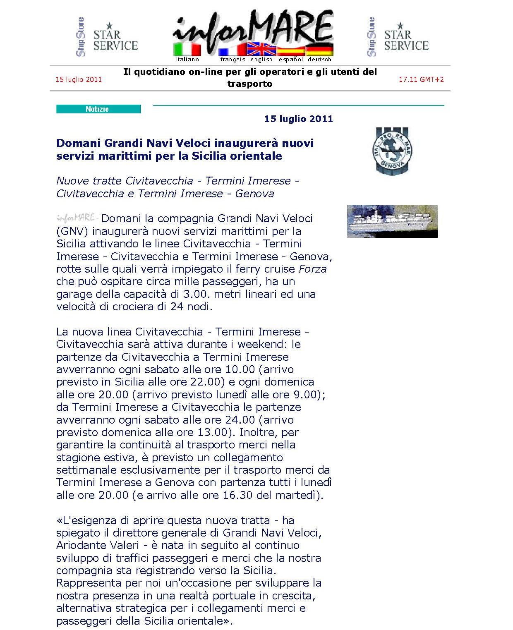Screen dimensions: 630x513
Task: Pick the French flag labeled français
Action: pyautogui.click(x=232, y=51)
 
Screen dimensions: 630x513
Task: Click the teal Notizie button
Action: pyautogui.click(x=98, y=109)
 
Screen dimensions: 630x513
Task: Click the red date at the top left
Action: pyautogui.click(x=79, y=79)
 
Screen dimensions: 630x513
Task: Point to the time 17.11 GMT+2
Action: pyautogui.click(x=421, y=79)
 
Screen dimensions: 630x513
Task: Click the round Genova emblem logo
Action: pyautogui.click(x=392, y=151)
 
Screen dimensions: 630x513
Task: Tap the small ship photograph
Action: pyautogui.click(x=392, y=221)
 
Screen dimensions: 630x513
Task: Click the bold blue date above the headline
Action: pyautogui.click(x=298, y=119)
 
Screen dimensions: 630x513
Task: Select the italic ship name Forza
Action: pyautogui.click(x=312, y=269)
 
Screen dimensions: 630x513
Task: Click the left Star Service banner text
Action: pyautogui.click(x=115, y=40)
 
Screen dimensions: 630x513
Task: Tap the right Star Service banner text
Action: pyautogui.click(x=406, y=40)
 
